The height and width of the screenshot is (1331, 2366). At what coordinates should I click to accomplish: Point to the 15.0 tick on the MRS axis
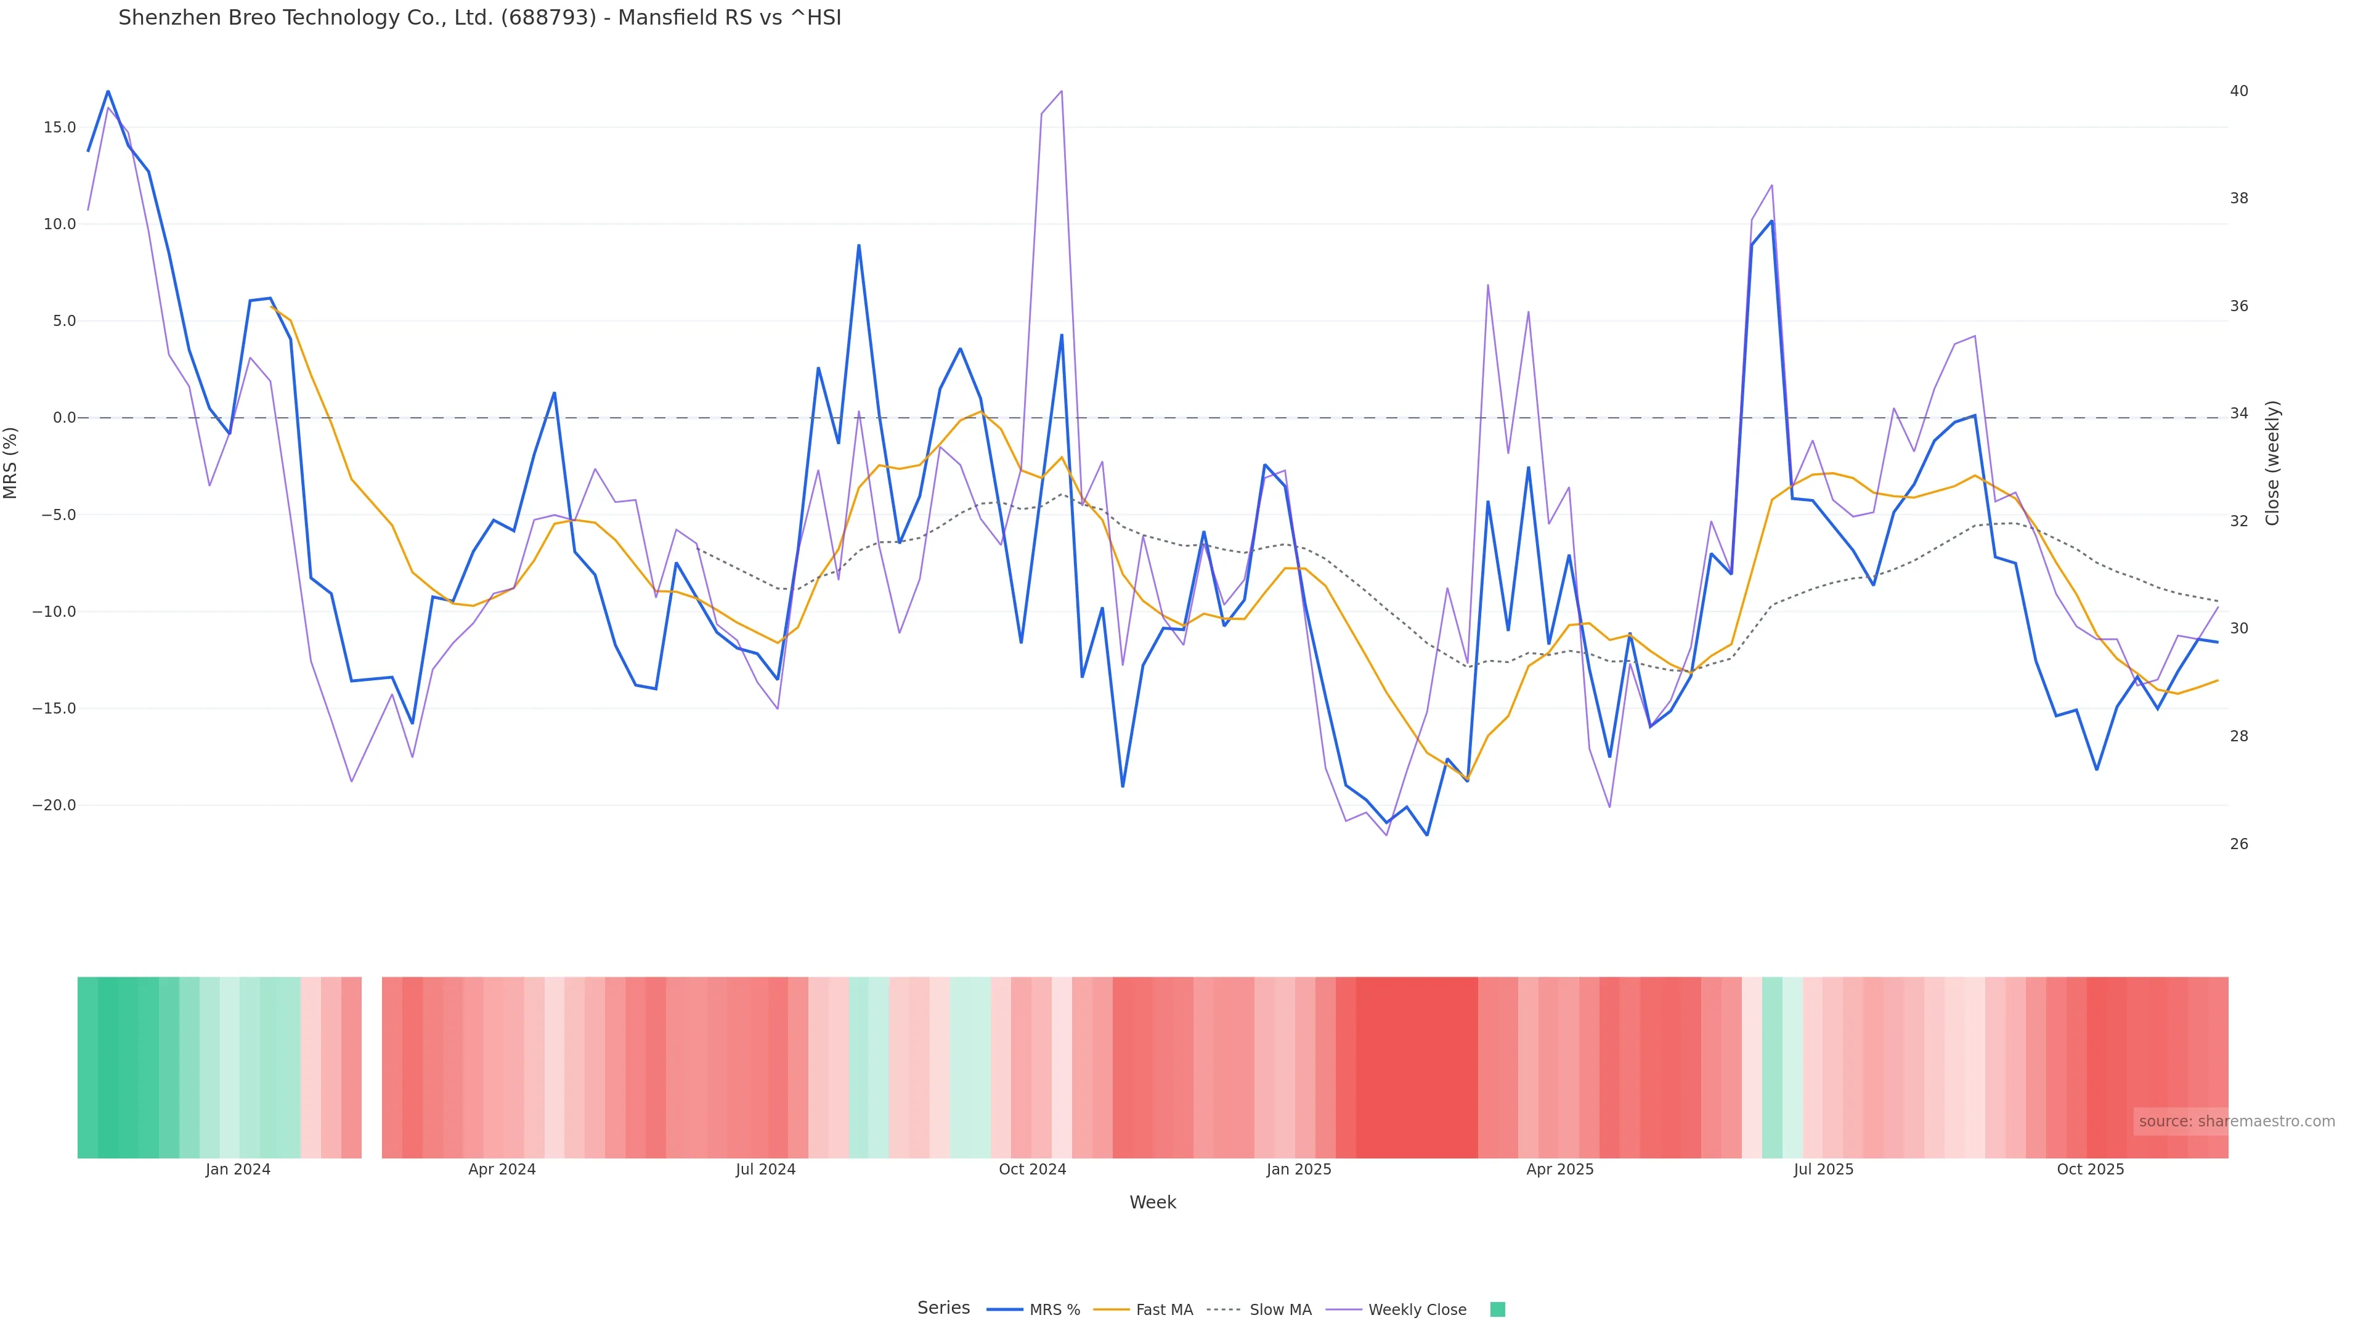[x=60, y=127]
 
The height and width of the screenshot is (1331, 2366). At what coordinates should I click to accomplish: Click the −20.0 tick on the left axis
[x=54, y=805]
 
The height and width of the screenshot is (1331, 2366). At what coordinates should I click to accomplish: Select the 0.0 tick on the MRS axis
[x=64, y=418]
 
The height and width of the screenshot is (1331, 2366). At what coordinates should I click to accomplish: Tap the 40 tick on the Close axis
[x=2239, y=91]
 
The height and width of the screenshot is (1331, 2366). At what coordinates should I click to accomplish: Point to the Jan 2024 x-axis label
[x=238, y=1170]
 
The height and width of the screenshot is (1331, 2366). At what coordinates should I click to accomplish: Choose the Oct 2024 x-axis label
[x=1033, y=1170]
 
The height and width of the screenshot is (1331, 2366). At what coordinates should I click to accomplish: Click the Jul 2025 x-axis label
[x=1823, y=1170]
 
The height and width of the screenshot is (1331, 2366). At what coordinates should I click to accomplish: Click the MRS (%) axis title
[x=11, y=463]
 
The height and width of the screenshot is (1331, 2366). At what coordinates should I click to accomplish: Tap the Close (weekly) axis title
[x=2272, y=463]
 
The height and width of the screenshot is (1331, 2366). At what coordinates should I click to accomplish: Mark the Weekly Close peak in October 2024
[x=1062, y=91]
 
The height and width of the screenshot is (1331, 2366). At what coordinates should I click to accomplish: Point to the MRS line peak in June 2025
[x=1772, y=221]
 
